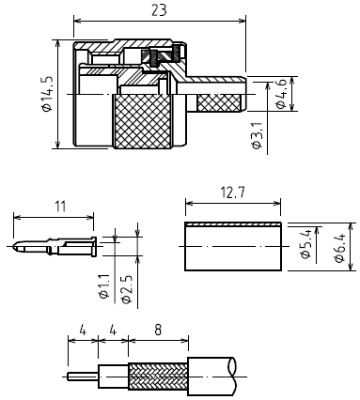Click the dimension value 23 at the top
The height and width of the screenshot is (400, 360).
159,10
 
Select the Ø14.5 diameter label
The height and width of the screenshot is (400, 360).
46,94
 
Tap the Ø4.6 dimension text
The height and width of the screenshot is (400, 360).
281,94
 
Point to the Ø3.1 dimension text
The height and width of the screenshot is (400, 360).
257,135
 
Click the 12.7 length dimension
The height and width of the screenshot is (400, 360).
232,192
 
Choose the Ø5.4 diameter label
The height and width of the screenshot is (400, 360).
306,244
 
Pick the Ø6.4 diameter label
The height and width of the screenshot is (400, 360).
339,248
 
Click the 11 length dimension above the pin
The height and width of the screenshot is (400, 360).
60,207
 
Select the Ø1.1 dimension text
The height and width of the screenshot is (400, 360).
103,286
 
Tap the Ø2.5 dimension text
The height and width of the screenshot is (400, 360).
126,289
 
